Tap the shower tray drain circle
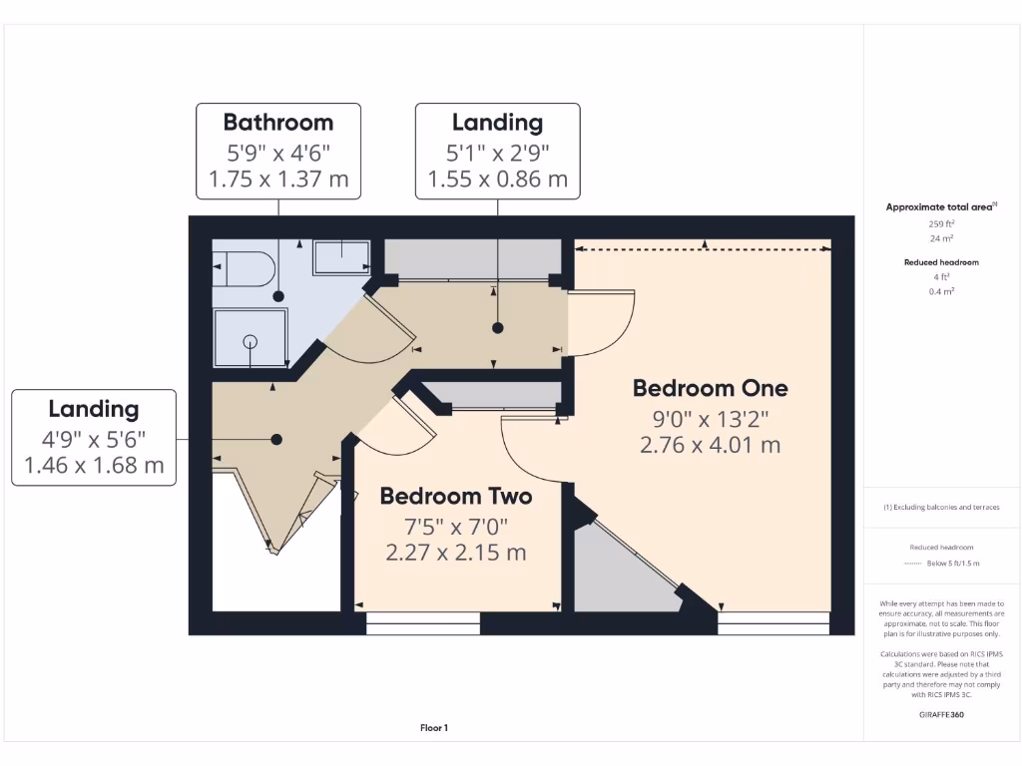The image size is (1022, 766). point(250,341)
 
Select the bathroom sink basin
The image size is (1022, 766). point(341,258)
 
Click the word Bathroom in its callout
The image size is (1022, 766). point(277,123)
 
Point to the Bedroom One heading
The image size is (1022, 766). point(710,388)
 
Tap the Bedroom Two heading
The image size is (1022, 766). point(456,496)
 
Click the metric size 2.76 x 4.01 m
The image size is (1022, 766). point(710,445)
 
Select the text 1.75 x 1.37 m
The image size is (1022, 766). point(277,180)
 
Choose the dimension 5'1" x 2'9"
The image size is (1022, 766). point(497,152)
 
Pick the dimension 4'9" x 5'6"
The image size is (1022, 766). point(94,437)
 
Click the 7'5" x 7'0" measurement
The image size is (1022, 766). point(456,525)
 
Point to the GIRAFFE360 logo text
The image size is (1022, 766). point(942,714)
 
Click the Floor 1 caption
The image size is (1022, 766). point(433,728)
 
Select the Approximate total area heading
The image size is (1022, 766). point(941,207)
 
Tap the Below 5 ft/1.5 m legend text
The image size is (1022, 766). point(954,564)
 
